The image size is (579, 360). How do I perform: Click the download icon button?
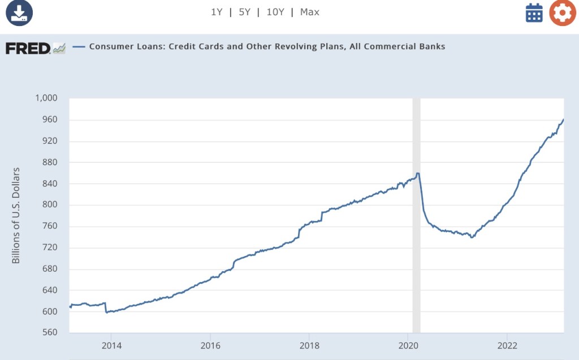(x=19, y=12)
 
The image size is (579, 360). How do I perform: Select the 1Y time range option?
(x=217, y=12)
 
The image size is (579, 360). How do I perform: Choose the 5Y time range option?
(x=244, y=12)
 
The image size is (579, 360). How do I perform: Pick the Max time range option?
(x=310, y=12)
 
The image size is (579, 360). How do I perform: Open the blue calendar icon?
(x=534, y=12)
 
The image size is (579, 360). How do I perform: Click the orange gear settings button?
(x=562, y=12)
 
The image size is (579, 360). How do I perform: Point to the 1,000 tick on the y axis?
(x=46, y=98)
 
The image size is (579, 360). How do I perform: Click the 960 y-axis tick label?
(x=50, y=120)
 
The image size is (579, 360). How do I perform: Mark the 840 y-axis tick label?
(x=50, y=184)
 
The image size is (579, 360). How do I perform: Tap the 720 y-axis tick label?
(x=50, y=248)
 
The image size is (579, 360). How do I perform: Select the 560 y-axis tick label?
(x=50, y=333)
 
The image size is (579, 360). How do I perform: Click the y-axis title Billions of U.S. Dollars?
(x=16, y=215)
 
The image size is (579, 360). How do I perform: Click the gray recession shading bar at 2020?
(x=416, y=226)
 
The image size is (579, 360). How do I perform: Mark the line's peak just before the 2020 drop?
(x=417, y=174)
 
